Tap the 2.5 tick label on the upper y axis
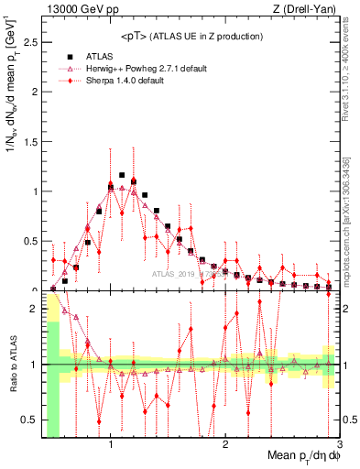click(30, 42)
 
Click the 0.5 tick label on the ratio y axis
click(30, 420)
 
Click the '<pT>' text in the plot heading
click(133, 37)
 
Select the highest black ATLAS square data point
click(122, 175)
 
